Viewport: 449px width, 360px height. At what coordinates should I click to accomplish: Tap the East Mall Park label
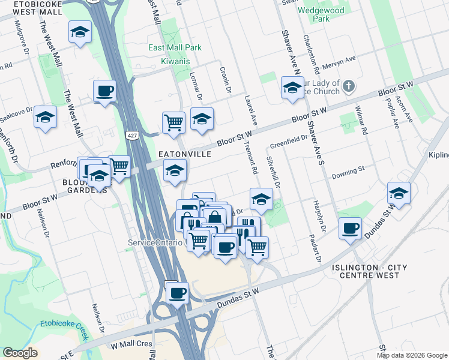175,48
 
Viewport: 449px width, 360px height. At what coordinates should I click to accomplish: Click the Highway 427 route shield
129,136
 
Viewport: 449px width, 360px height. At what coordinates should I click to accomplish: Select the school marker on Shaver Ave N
292,89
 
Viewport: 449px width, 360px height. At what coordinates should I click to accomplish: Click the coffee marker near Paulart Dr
351,229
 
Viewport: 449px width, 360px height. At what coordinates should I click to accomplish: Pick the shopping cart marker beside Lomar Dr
173,122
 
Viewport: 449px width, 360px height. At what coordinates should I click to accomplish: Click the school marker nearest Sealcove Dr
45,117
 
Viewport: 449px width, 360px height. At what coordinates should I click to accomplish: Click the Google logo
20,353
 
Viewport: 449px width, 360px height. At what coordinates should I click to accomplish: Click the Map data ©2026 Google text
411,355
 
